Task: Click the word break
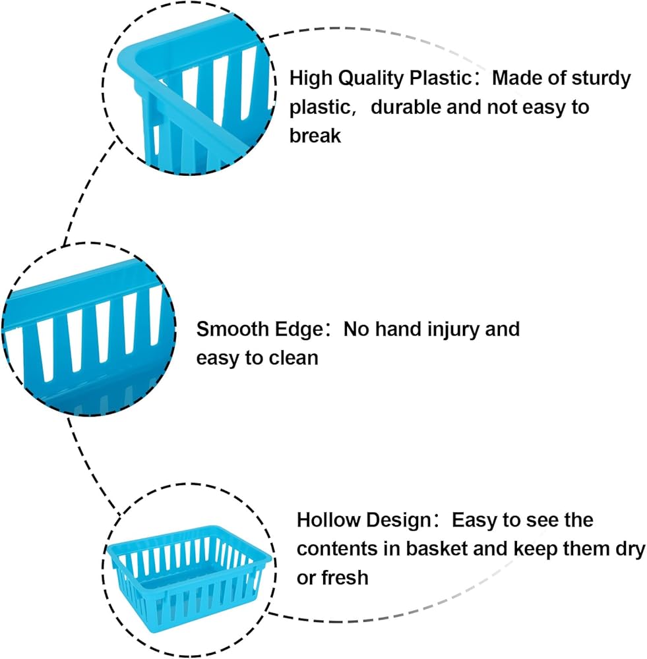point(315,135)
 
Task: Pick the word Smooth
point(232,329)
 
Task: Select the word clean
point(293,358)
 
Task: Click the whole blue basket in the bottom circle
point(189,579)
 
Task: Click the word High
point(311,78)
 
